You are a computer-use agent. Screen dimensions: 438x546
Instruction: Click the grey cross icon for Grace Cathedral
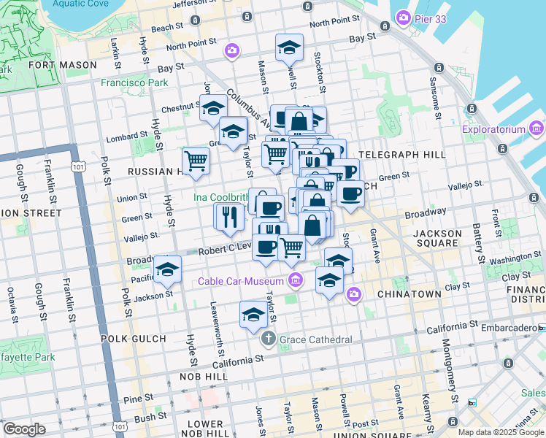(x=268, y=339)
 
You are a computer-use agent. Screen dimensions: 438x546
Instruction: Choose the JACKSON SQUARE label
(x=438, y=240)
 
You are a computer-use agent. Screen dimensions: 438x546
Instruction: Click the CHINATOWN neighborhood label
(x=409, y=294)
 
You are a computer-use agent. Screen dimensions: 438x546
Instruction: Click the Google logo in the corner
(x=24, y=429)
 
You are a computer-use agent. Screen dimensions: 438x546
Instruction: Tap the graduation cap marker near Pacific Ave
(x=167, y=269)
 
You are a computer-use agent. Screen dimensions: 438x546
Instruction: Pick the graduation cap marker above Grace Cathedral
(x=253, y=314)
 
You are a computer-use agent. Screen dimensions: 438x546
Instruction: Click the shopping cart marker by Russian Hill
(x=196, y=160)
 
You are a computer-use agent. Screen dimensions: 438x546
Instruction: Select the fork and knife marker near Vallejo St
(x=228, y=216)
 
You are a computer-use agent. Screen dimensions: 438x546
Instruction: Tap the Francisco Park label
(x=134, y=83)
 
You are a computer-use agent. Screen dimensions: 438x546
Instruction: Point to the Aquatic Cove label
(x=80, y=4)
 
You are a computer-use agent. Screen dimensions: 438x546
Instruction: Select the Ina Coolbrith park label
(x=220, y=197)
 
